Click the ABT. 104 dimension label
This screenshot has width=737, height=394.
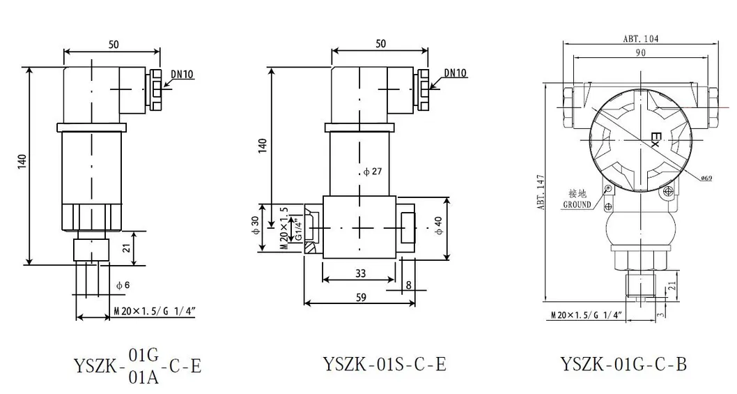641,38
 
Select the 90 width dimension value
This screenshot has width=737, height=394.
641,52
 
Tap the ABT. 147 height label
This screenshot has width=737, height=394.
541,192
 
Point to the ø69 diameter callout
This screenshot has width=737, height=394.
706,178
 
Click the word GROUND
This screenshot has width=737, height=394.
577,205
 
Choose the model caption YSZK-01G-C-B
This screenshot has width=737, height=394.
623,364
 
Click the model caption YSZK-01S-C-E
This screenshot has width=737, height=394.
384,363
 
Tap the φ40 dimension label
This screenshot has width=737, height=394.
439,225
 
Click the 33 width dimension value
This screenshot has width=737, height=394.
360,273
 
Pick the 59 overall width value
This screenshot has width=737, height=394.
361,297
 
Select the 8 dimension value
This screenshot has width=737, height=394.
408,285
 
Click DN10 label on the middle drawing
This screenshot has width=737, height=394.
456,73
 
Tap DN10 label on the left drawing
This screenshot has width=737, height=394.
182,75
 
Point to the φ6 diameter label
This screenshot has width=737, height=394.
123,285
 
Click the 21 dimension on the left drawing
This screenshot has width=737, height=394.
127,248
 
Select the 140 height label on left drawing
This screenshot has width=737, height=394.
22,162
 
